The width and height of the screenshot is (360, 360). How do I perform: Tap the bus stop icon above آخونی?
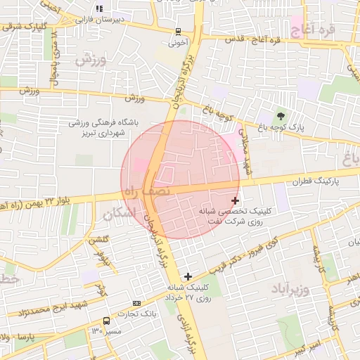pos(178,31)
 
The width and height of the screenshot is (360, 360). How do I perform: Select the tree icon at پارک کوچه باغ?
pos(281,115)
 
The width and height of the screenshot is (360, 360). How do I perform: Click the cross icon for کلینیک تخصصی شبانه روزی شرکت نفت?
pos(235,201)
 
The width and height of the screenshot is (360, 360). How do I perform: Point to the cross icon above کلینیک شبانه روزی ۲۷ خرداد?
pos(187,276)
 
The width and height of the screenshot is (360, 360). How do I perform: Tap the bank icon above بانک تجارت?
pos(136,303)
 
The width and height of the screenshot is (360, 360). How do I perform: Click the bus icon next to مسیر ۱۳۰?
pos(105,320)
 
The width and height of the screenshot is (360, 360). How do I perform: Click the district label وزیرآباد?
pos(289,288)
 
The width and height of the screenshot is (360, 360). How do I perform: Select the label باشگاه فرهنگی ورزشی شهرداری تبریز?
pos(103,127)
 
